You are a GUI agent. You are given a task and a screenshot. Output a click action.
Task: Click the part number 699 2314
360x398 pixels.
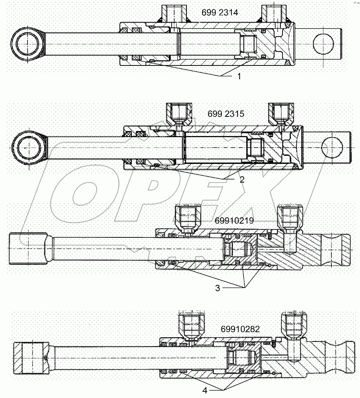219,13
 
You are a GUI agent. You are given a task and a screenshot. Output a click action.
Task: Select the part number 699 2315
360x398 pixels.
226,114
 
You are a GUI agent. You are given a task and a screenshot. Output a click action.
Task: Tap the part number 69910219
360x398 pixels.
234,220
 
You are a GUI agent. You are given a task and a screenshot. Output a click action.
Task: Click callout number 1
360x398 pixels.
239,76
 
